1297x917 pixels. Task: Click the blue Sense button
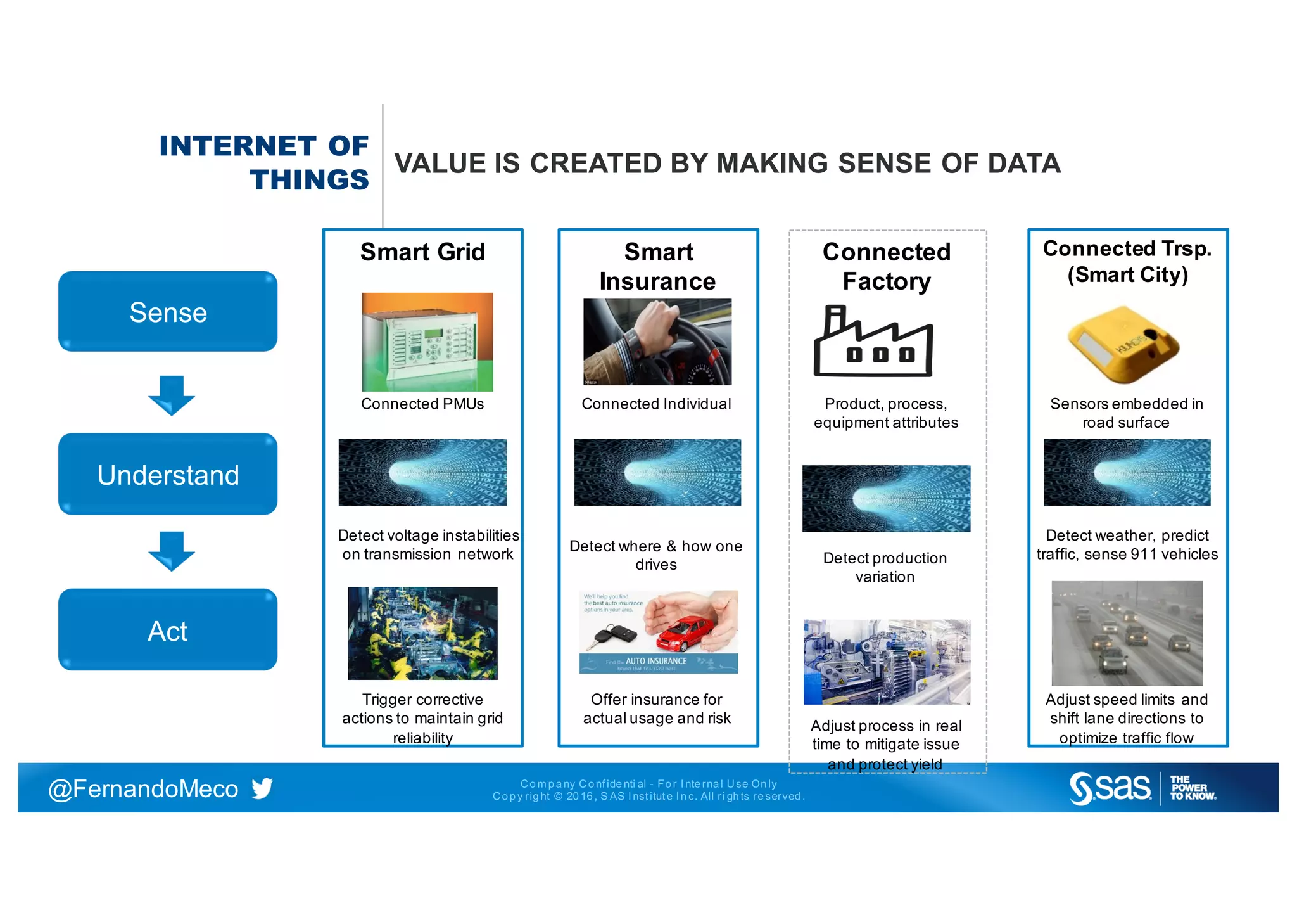coord(168,312)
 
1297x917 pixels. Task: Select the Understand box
coord(168,474)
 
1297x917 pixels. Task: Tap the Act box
coord(168,630)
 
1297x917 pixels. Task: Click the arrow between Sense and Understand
coord(171,395)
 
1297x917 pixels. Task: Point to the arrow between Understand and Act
coord(171,551)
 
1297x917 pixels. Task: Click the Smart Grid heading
coord(422,252)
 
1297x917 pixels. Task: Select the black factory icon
coord(873,342)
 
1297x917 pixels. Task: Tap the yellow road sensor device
coord(1123,344)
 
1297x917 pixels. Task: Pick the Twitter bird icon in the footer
coord(262,788)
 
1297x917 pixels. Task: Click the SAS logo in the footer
coord(1110,788)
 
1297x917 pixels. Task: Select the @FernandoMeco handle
coord(143,789)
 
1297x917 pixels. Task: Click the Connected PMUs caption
coord(422,404)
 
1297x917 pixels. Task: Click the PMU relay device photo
coord(427,342)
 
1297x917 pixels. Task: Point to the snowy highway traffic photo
coord(1127,633)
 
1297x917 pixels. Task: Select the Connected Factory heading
coord(886,266)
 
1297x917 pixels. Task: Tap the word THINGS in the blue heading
coord(309,180)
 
